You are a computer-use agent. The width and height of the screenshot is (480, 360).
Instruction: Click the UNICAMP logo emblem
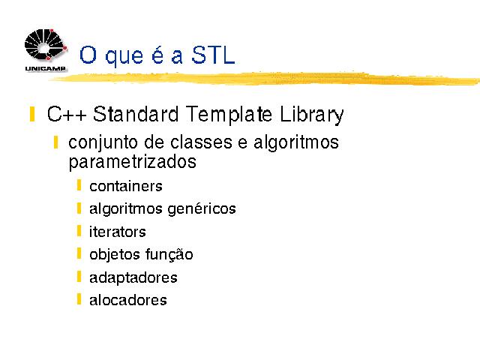click(46, 45)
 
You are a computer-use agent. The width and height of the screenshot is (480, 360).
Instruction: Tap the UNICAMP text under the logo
click(45, 69)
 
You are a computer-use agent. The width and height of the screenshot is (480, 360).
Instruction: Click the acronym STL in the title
click(213, 55)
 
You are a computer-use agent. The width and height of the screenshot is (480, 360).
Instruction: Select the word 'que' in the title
click(124, 58)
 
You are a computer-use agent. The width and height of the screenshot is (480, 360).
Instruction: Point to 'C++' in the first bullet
click(67, 114)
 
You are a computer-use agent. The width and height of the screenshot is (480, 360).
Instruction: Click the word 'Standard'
click(136, 114)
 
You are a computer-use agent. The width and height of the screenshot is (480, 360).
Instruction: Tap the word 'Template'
click(229, 115)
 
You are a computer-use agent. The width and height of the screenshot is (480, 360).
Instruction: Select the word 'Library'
click(312, 115)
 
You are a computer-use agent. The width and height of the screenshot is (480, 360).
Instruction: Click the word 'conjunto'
click(103, 143)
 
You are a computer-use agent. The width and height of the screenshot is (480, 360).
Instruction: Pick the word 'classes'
click(201, 142)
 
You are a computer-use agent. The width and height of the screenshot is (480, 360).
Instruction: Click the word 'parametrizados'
click(132, 163)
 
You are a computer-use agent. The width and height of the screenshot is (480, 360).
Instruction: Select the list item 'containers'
click(126, 186)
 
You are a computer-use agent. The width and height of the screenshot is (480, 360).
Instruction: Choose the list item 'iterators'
click(118, 232)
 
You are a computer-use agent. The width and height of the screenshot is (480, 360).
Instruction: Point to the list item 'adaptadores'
click(133, 278)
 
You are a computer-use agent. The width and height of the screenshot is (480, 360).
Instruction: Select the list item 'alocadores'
click(128, 300)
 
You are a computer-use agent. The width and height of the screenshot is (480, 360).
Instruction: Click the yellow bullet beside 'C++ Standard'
click(32, 114)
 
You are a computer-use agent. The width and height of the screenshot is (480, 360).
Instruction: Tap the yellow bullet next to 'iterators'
click(79, 231)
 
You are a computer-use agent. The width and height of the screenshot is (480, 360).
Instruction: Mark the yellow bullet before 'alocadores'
click(79, 299)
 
